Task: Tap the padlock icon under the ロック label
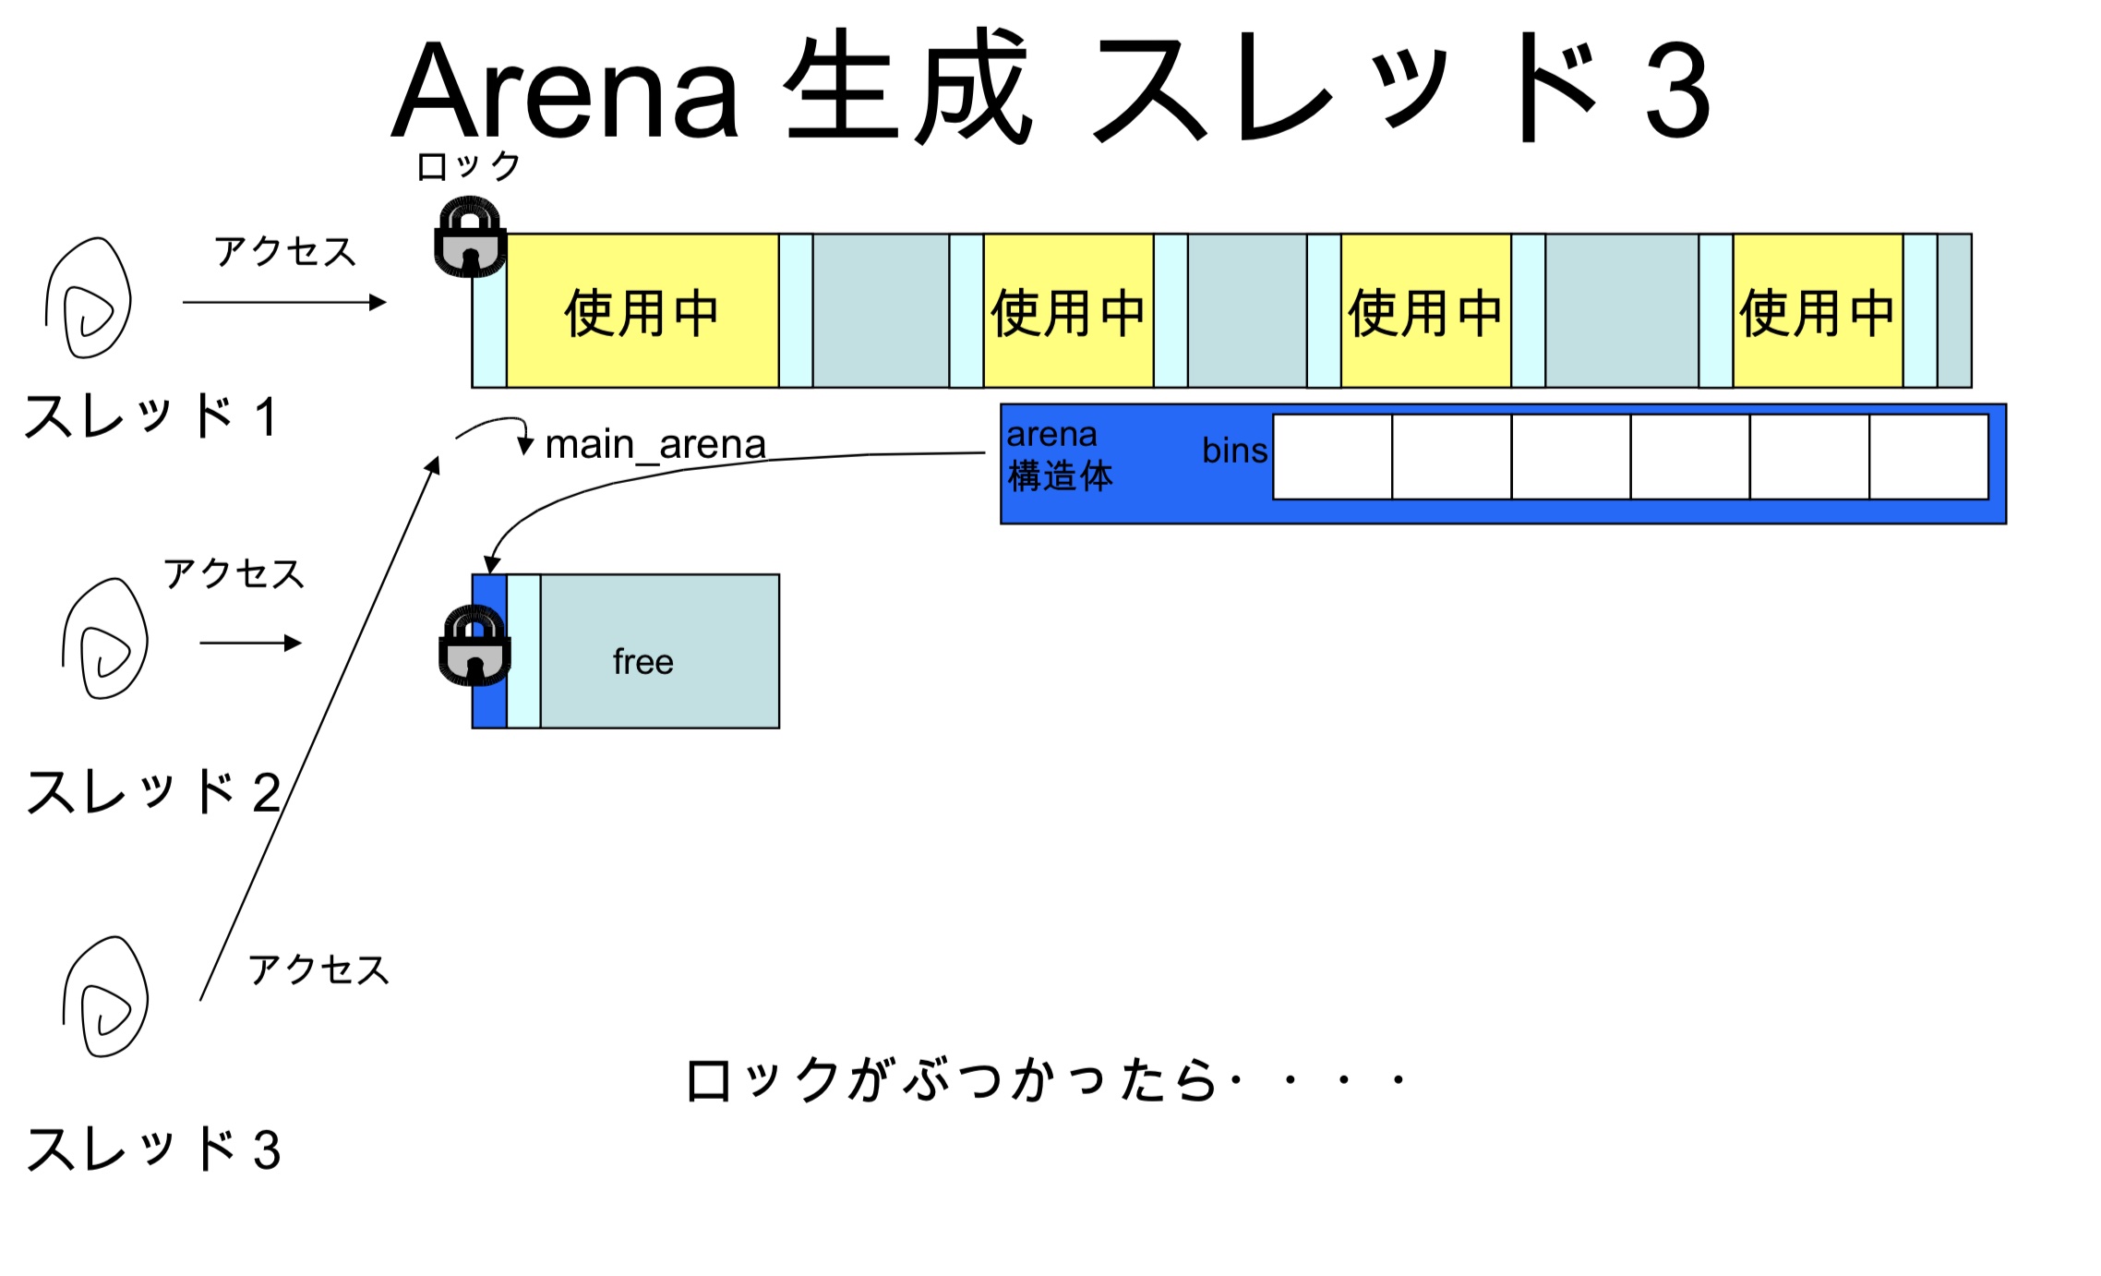(471, 237)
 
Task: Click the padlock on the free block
(474, 646)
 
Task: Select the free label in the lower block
(642, 662)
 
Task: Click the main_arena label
(655, 445)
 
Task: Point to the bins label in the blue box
(1234, 451)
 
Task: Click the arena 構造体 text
(1060, 456)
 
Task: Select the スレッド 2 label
(153, 792)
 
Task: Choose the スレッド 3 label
(153, 1150)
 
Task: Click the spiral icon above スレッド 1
(89, 298)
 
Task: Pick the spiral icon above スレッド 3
(105, 997)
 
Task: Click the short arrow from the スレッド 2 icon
(250, 643)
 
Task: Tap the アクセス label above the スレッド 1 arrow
(285, 252)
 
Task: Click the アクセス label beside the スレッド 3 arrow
(318, 970)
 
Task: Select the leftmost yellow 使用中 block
(642, 312)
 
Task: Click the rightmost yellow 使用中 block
(1817, 312)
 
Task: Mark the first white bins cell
(1332, 457)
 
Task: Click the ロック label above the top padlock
(469, 167)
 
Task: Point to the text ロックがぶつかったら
(951, 1080)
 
